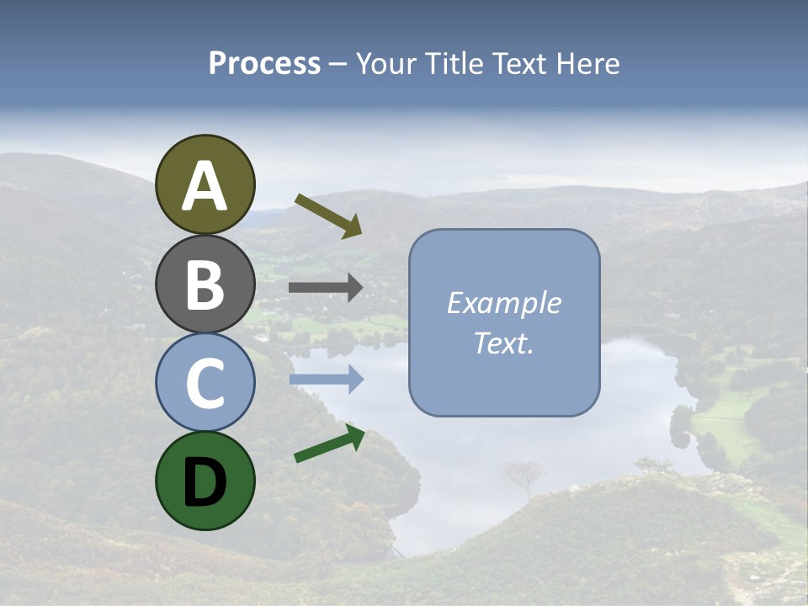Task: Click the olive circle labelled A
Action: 205,184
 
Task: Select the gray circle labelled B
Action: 205,284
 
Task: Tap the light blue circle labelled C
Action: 205,382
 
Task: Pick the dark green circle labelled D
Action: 205,481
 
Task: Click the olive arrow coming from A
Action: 328,215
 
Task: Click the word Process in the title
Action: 264,64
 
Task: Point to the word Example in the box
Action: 503,303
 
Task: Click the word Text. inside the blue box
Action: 503,343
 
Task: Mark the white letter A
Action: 205,186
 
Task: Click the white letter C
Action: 205,383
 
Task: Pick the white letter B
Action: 205,284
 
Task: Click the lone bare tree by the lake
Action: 523,476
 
